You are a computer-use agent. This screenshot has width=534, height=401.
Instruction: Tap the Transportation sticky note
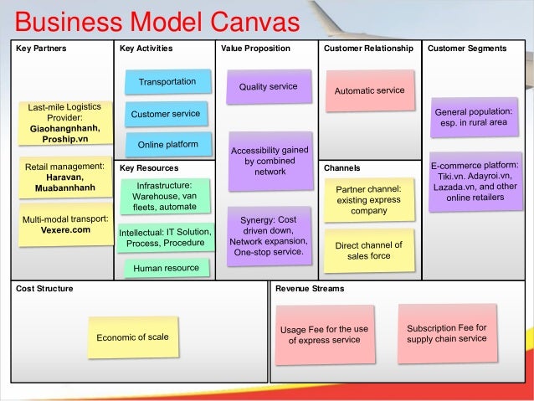coord(167,82)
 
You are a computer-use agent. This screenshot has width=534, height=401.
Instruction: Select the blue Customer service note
coord(165,113)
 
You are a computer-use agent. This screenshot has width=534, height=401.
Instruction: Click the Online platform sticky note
coord(167,144)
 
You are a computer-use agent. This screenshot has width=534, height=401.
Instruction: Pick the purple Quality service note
coord(268,86)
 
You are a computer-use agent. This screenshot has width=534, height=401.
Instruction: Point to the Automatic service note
coord(369,90)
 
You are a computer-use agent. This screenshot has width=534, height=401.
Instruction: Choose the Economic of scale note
coord(132,337)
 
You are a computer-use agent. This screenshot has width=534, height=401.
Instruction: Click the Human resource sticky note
coord(167,268)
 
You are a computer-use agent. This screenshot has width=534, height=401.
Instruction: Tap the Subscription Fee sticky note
coord(446,332)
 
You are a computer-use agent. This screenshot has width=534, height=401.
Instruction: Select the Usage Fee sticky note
coord(324,334)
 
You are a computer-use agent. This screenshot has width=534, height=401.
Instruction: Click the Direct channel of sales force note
coord(368,250)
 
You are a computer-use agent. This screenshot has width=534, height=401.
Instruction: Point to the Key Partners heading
coord(41,49)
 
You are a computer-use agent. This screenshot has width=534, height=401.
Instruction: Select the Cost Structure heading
coord(44,288)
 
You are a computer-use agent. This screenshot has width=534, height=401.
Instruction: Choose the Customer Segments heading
coord(466,49)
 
